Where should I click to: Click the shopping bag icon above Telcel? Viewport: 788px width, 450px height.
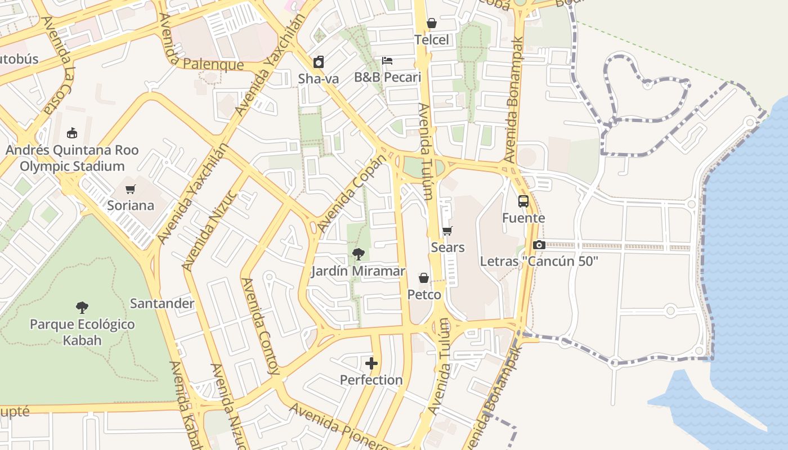432,23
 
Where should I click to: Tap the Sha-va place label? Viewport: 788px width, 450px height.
319,79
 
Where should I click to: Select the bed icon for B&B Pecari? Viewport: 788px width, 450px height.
387,61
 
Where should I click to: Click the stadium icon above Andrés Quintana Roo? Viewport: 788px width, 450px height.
71,133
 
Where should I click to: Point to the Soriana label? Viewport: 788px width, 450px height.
131,205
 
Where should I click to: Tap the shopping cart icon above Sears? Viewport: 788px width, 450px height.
447,231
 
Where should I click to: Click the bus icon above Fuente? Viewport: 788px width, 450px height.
523,201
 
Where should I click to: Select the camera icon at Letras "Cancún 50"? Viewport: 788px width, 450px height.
539,245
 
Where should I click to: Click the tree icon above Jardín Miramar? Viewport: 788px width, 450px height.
358,254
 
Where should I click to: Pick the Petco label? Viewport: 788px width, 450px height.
424,294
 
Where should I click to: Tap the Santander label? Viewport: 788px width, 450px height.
162,304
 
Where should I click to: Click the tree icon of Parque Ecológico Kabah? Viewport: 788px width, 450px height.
82,307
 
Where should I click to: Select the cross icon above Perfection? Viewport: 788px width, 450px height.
371,363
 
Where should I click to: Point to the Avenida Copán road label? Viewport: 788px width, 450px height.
353,193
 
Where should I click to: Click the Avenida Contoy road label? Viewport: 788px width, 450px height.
260,326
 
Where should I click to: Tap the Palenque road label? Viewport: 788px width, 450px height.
213,64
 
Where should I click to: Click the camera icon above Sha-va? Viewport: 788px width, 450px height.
319,61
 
